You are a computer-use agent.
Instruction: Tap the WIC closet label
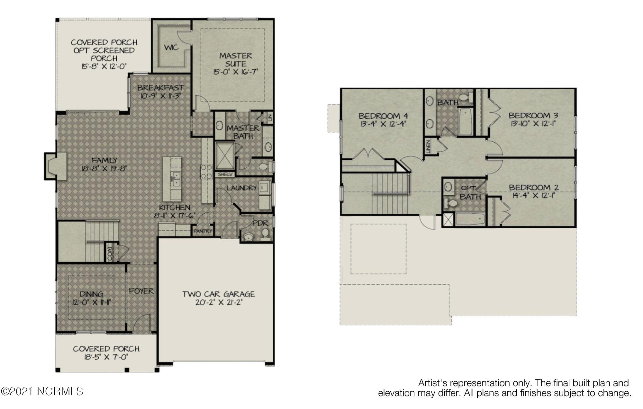tap(171, 48)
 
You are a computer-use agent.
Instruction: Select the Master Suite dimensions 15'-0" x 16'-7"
tap(236, 72)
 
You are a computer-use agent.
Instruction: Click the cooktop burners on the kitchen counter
tap(207, 172)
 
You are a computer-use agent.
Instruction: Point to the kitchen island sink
tap(175, 179)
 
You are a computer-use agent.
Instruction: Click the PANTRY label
tap(203, 231)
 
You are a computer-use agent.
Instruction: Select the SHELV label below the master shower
tap(225, 174)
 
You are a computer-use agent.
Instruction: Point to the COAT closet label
tap(110, 253)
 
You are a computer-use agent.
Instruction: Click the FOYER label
tap(141, 291)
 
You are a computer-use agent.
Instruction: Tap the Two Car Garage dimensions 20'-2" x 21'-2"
tap(219, 302)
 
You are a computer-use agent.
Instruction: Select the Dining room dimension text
tap(92, 302)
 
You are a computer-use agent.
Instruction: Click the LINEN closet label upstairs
tap(428, 147)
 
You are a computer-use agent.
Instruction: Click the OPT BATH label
tap(470, 192)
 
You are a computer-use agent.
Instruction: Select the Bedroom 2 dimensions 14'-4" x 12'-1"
tap(533, 195)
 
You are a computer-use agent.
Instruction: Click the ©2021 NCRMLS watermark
tap(42, 391)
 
